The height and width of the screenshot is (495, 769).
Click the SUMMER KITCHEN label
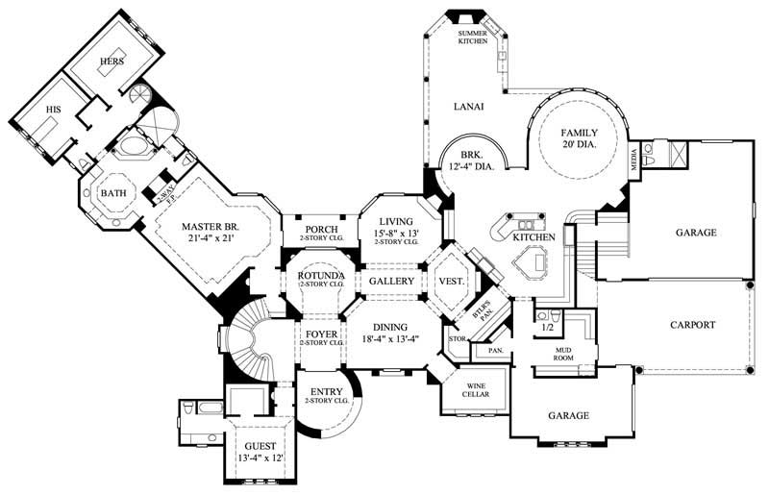pos(472,37)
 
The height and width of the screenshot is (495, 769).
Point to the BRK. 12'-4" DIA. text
pos(471,161)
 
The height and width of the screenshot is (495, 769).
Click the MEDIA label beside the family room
pos(633,160)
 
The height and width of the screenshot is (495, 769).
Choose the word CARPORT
pos(692,325)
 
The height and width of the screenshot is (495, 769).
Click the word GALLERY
pos(391,282)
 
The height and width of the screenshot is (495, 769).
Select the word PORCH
pos(321,229)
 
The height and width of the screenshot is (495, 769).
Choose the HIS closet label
pos(53,111)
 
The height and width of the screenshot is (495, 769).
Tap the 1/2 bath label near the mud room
pos(548,328)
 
